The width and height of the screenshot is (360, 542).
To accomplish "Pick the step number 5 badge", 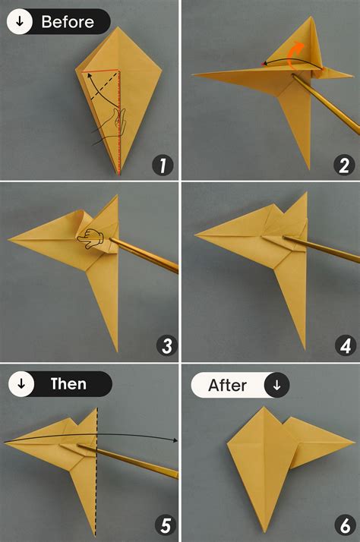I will (x=162, y=525).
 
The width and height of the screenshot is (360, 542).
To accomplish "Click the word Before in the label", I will (x=68, y=22).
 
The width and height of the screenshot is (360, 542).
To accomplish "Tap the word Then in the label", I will (x=68, y=384).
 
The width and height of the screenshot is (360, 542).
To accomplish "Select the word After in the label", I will (x=228, y=385).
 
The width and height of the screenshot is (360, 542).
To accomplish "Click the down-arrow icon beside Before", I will (x=21, y=22).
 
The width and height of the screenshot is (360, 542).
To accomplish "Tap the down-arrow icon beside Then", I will (x=21, y=384).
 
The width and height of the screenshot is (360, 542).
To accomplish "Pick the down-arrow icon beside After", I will (x=276, y=385).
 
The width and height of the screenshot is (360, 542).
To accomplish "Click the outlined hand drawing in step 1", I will (x=111, y=125).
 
